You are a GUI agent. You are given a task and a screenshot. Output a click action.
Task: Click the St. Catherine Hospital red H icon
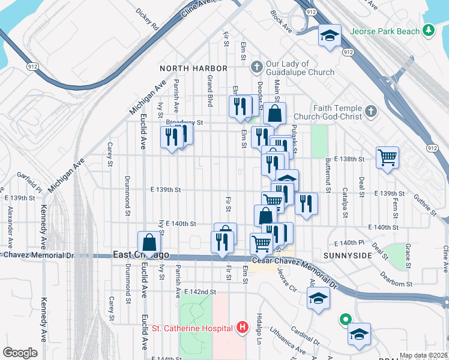tap(242, 328)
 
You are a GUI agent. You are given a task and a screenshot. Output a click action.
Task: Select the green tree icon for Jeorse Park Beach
tap(428, 30)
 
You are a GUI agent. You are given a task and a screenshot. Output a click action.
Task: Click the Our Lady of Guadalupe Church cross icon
tap(256, 65)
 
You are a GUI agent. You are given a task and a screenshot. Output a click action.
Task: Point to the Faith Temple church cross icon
tap(370, 111)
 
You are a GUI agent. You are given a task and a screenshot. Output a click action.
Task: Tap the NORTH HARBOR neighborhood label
tap(193, 68)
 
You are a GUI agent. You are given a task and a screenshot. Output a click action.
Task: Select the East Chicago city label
tap(141, 255)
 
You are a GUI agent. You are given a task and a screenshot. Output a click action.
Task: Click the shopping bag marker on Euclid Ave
tap(149, 243)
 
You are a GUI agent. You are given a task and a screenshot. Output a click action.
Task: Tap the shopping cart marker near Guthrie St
tap(388, 158)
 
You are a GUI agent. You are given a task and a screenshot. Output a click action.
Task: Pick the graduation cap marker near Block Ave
tap(329, 35)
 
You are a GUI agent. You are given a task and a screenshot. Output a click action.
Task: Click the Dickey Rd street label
tap(147, 19)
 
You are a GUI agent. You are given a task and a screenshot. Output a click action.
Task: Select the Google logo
tap(20, 352)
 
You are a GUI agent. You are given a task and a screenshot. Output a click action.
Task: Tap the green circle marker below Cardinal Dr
tap(345, 320)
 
